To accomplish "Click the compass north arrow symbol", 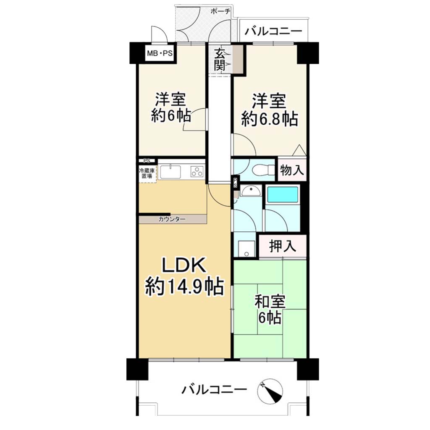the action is click(270, 391).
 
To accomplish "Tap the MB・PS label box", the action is click(160, 53).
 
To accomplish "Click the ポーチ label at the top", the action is click(220, 11).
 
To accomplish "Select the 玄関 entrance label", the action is click(220, 60).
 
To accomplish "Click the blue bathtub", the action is click(283, 194).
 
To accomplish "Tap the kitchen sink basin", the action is click(170, 172).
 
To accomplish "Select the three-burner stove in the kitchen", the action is click(197, 172).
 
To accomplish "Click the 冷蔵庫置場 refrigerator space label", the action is click(147, 173).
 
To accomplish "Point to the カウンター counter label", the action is click(172, 219).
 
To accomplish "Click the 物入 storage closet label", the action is click(292, 170).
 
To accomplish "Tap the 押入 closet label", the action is click(283, 246).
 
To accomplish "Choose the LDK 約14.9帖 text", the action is click(184, 277).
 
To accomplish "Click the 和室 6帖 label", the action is click(270, 309).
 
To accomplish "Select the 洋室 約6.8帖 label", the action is click(269, 110).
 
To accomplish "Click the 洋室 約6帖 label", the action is click(171, 107).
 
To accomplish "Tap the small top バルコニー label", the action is click(273, 31).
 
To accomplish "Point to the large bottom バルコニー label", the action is click(214, 389).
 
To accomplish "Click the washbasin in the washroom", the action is click(251, 191).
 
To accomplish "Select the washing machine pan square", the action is click(246, 249).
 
